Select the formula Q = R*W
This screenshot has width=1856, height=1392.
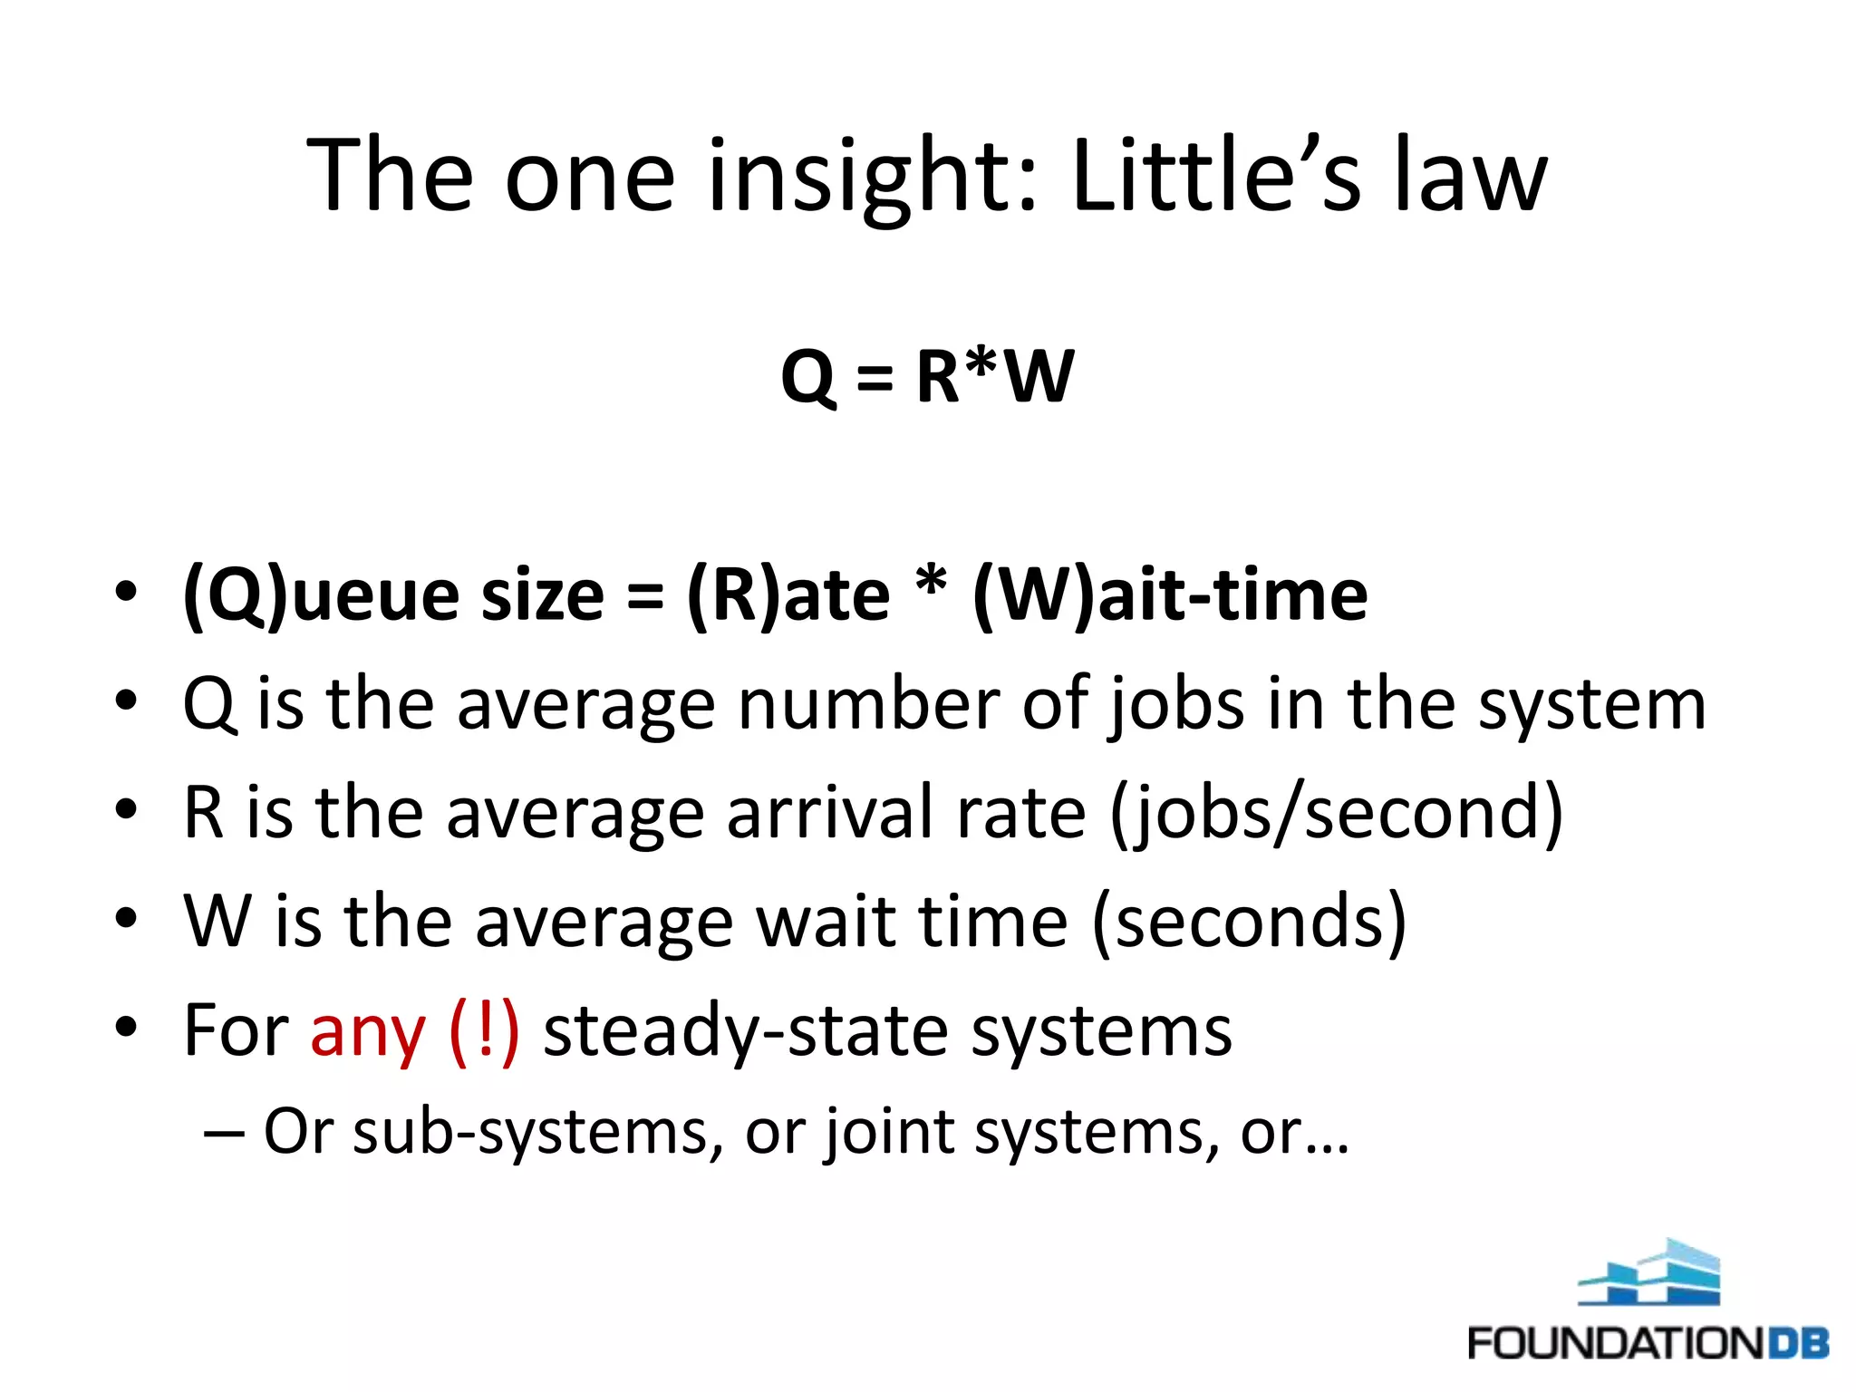927,376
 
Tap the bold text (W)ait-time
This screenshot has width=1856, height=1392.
1169,595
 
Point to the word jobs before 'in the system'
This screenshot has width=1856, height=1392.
1177,704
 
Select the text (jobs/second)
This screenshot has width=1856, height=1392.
1337,812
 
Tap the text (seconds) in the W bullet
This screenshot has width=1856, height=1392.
1250,921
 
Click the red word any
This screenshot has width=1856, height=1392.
367,1031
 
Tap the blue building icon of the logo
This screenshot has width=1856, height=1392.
1649,1273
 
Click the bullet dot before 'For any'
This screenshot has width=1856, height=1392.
126,1027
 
